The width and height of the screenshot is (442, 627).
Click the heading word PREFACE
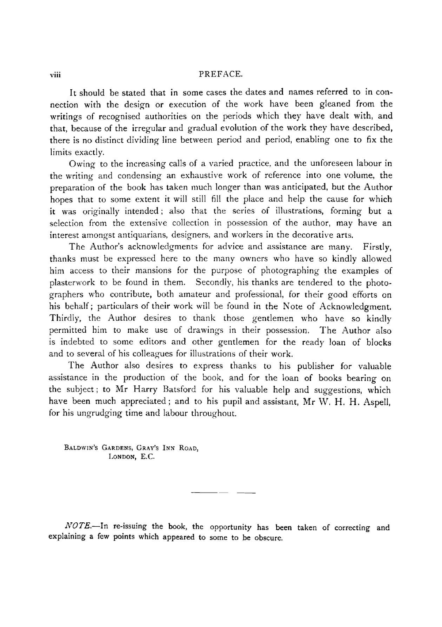pos(221,74)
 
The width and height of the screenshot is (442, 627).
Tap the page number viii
pos(55,75)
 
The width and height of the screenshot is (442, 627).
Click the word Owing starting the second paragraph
pos(82,163)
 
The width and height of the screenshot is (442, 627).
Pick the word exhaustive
pos(219,175)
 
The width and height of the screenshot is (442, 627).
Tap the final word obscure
pos(268,538)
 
